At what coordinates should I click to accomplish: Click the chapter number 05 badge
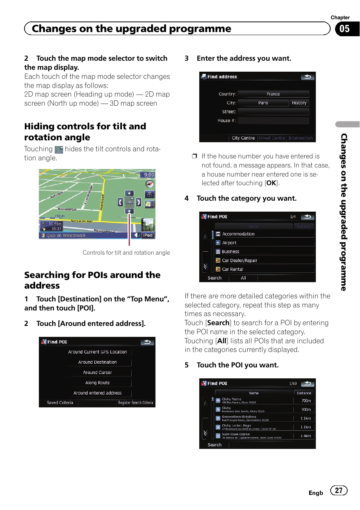click(344, 29)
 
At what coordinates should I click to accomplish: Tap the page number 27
click(338, 490)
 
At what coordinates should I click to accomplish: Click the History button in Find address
click(299, 103)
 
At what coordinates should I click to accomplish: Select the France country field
click(273, 94)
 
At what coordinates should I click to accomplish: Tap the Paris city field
click(263, 103)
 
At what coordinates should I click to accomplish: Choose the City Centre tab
click(243, 138)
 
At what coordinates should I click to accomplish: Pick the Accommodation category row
click(238, 234)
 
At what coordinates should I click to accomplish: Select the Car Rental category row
click(232, 269)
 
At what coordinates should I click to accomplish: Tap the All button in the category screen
click(243, 278)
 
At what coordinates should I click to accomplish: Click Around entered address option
click(97, 393)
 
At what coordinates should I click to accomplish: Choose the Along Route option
click(97, 382)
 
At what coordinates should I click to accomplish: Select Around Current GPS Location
click(97, 352)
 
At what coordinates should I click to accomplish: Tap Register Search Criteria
click(135, 403)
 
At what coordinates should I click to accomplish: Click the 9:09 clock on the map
click(149, 175)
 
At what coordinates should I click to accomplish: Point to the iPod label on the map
click(148, 235)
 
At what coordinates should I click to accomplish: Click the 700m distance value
click(306, 401)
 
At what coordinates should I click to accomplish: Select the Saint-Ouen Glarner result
click(236, 435)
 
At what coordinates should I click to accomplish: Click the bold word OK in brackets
click(271, 183)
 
